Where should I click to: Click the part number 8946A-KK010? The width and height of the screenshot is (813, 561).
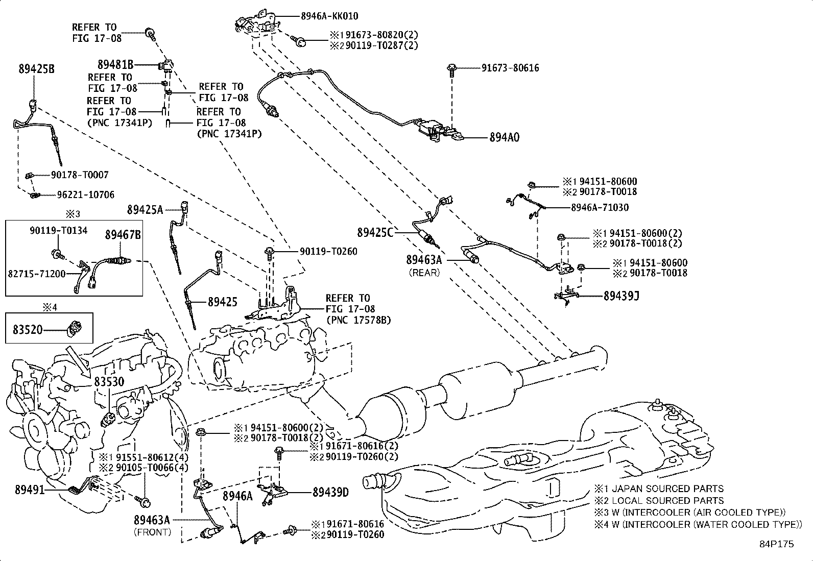[x=329, y=16]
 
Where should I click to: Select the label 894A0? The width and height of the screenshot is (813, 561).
[x=504, y=137]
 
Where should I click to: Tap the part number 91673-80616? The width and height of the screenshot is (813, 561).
[x=510, y=68]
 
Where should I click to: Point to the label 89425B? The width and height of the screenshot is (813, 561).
[x=36, y=69]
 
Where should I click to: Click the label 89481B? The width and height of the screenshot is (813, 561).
[x=115, y=64]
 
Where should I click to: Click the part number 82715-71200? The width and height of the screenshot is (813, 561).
[x=37, y=274]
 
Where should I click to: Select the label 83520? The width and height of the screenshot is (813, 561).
[x=28, y=330]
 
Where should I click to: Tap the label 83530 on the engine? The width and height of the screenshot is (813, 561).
[x=109, y=382]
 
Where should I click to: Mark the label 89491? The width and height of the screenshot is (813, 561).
[x=30, y=490]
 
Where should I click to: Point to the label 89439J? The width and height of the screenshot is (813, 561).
[x=621, y=296]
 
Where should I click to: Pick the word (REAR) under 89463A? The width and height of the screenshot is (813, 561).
[x=424, y=273]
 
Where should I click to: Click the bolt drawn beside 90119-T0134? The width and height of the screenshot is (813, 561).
[x=56, y=253]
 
